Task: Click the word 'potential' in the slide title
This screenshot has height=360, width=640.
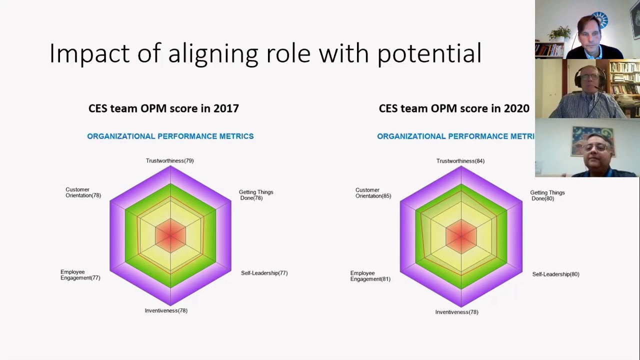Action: (429, 53)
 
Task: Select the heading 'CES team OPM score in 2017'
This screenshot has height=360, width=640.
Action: (163, 108)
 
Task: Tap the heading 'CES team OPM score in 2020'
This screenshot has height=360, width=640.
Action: (454, 108)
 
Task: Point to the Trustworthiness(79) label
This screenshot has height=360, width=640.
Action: (169, 161)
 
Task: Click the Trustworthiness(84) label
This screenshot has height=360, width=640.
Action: (460, 161)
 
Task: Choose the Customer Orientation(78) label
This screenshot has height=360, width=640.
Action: (83, 192)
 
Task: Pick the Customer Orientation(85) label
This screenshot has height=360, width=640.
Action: (373, 193)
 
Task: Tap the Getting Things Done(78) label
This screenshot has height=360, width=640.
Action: (255, 195)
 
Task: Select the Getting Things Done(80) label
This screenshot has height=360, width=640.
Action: (547, 195)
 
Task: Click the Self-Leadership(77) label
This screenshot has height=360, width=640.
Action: (264, 273)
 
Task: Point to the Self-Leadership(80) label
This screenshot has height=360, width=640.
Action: (555, 274)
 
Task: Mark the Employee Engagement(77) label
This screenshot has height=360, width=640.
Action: (80, 275)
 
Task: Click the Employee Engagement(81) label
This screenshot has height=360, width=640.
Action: (370, 276)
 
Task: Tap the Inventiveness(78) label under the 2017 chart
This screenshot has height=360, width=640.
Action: (166, 310)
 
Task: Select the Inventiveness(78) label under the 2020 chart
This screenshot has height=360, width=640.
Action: (456, 312)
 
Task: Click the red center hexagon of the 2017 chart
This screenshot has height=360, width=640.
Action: (170, 235)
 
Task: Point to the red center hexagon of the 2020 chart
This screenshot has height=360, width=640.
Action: (461, 236)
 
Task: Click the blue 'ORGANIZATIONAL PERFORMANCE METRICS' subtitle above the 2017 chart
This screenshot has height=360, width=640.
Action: (170, 136)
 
